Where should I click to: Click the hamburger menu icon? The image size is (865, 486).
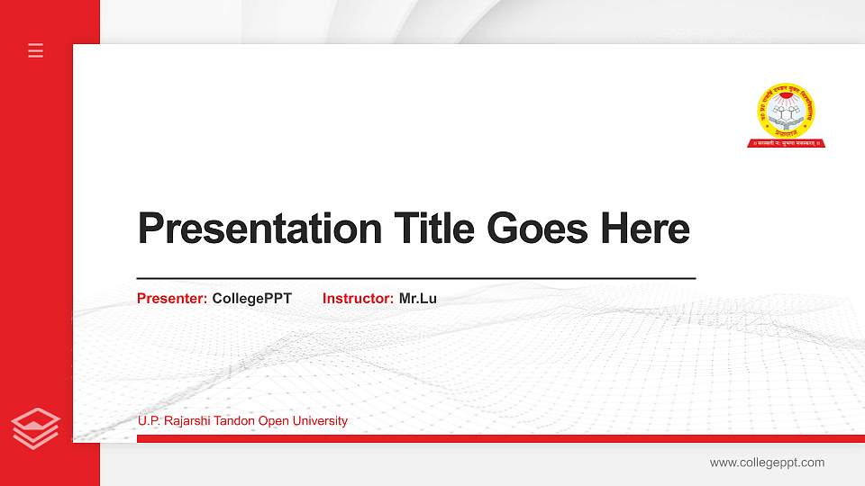[36, 50]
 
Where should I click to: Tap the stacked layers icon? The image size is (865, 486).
[36, 427]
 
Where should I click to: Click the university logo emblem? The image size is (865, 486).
[786, 110]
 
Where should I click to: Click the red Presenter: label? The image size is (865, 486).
[172, 298]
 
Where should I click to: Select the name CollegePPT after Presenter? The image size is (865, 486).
[252, 298]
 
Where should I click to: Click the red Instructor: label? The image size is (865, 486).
[358, 298]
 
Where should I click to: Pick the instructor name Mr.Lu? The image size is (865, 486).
[418, 298]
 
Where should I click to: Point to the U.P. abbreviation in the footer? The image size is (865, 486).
[150, 421]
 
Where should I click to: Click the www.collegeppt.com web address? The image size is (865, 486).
[767, 463]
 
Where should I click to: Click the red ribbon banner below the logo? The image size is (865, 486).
[786, 142]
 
